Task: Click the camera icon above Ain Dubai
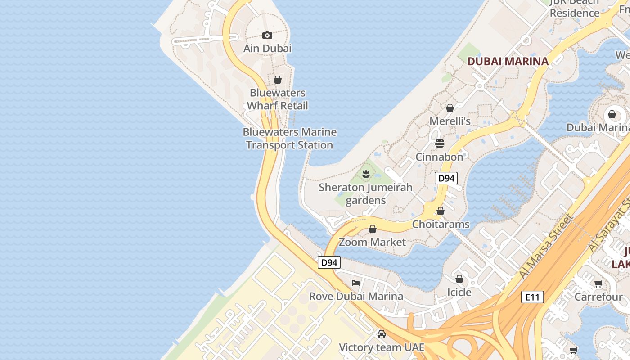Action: tap(267, 35)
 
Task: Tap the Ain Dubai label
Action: tap(267, 48)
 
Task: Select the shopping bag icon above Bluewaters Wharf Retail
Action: tap(278, 80)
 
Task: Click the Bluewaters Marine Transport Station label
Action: tap(289, 139)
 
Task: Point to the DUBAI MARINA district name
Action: tap(508, 61)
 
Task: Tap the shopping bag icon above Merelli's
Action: tap(450, 108)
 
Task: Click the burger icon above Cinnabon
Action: tap(440, 144)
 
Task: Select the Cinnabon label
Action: tap(439, 157)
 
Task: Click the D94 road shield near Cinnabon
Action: tap(446, 178)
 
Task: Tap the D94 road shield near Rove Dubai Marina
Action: tap(329, 262)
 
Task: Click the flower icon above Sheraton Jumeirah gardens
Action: tap(366, 174)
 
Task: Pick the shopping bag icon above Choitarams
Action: tap(441, 211)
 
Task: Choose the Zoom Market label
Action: tap(372, 242)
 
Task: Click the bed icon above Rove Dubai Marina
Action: tap(356, 283)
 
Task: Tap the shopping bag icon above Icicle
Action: tap(459, 279)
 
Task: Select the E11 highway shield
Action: tap(532, 297)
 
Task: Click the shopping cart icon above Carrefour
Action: tap(598, 283)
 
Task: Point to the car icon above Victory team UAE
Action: tap(382, 334)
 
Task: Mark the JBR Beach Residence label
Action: tap(575, 8)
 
